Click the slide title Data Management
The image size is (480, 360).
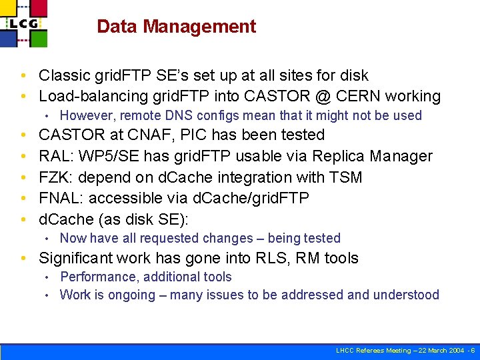tap(176, 27)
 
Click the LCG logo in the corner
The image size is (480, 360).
tap(25, 23)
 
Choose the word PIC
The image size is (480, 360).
tap(199, 135)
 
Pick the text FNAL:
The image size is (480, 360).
tap(61, 198)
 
